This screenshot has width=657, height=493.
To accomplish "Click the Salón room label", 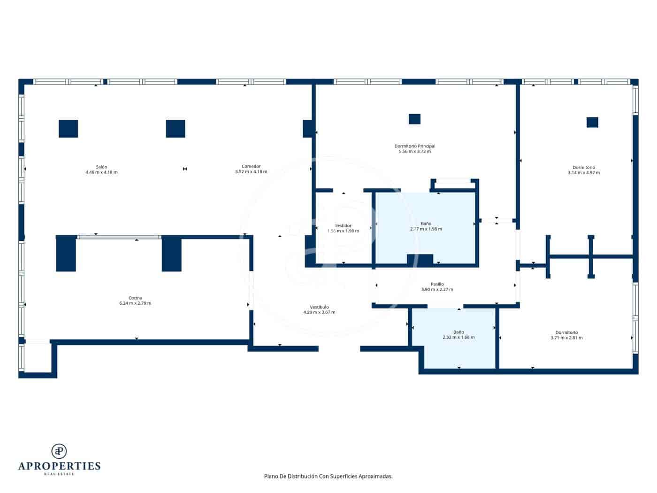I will (101, 167).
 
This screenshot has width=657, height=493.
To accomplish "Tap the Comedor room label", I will (251, 166).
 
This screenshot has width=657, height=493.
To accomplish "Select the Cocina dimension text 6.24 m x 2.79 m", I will (135, 303).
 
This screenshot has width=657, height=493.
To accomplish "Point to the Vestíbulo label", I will (319, 307).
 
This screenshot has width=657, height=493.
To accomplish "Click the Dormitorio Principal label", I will (414, 146).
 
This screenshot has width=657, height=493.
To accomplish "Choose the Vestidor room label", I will (343, 225).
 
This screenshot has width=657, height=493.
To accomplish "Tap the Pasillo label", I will (437, 284).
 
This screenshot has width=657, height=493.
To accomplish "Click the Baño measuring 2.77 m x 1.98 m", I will (426, 226).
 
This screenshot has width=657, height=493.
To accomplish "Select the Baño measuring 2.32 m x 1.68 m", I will (458, 335).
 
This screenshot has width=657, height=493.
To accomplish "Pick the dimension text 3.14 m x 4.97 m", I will (583, 173).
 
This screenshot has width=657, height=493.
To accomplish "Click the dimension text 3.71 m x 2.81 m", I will (566, 338).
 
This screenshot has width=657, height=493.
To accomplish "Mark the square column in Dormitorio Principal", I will (414, 119).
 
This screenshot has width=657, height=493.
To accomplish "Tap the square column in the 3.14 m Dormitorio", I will (592, 122).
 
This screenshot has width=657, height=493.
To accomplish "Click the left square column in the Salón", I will (69, 129).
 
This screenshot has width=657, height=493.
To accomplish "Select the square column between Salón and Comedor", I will (176, 129).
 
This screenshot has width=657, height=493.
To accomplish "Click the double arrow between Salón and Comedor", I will (185, 169).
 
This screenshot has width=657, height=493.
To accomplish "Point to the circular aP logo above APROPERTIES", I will (59, 451).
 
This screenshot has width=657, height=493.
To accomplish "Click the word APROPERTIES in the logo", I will (59, 466).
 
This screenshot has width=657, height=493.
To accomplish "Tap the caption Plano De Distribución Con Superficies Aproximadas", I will (328, 476).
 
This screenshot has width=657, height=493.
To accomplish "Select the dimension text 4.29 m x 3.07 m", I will (319, 312).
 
